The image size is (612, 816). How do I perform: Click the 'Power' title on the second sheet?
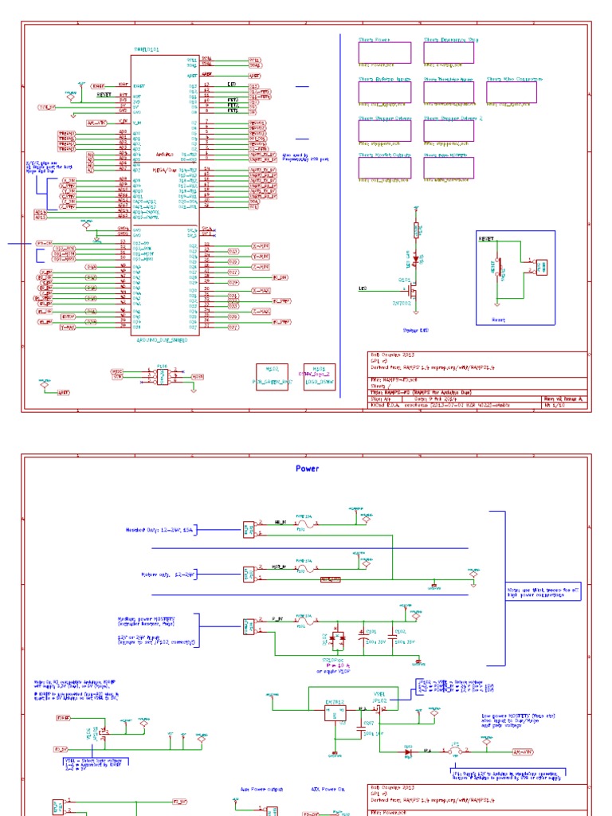(308, 469)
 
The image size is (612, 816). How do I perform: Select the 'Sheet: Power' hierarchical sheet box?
(384, 53)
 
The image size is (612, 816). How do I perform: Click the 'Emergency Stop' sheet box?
(449, 53)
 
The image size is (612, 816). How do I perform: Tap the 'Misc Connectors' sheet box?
(512, 92)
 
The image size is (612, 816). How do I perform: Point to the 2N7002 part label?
(401, 303)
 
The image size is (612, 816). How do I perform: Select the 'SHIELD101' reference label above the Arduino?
(146, 49)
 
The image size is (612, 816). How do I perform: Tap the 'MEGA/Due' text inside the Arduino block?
(165, 169)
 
